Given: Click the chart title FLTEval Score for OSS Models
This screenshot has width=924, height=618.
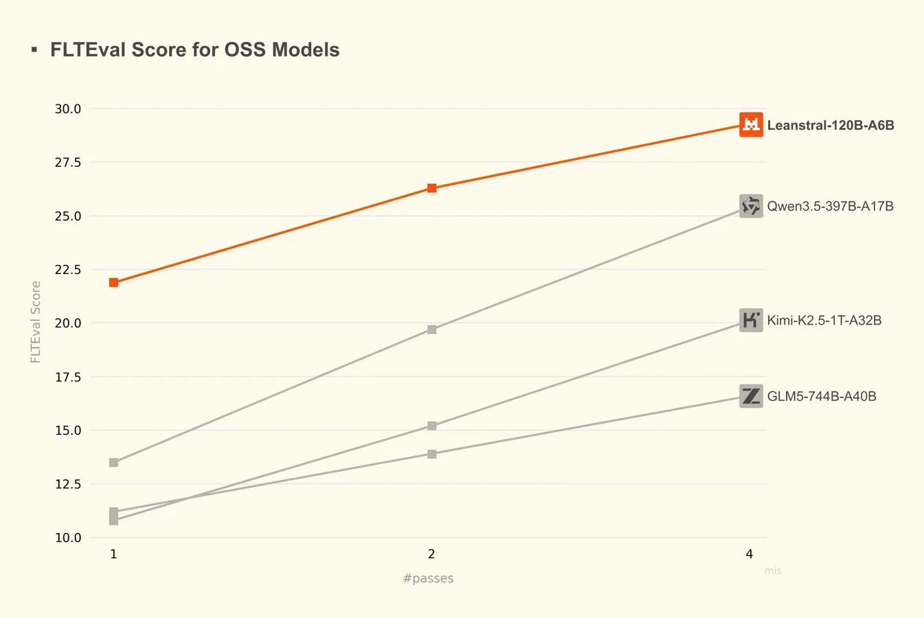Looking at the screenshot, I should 194,50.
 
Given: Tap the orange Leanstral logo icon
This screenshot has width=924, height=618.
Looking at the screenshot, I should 751,124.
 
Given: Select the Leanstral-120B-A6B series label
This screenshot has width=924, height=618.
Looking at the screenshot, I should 830,125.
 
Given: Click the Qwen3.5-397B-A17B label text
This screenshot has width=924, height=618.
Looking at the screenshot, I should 830,206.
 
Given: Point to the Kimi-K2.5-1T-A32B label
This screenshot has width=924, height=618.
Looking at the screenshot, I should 824,320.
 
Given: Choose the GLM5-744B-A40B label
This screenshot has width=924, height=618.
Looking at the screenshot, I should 821,396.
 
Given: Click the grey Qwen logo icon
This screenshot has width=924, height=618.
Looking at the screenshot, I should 751,206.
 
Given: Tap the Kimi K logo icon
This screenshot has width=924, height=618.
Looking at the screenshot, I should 751,320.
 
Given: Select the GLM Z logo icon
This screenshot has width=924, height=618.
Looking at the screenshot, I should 751,396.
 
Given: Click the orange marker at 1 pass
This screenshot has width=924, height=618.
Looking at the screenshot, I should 113,282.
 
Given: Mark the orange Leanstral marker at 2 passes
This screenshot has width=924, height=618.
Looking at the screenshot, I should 431,188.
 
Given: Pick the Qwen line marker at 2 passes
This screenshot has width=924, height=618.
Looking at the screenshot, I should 431,330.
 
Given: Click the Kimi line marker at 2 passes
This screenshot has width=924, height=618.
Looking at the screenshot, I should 431,426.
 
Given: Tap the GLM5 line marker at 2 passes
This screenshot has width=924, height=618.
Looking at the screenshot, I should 431,454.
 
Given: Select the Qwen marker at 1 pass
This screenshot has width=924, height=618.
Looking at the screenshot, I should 113,463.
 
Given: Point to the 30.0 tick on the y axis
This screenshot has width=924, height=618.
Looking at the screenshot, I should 68,108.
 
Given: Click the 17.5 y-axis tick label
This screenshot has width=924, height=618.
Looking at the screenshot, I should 68,377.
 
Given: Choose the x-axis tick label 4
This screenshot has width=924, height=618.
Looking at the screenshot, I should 750,554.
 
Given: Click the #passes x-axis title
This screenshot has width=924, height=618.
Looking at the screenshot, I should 428,578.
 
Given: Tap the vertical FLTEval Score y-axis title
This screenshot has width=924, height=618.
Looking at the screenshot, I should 36,322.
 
